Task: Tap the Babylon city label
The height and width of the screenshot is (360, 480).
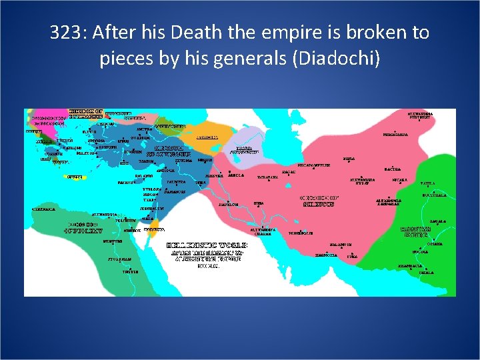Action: point(229,204)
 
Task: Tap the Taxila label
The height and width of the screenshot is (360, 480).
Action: point(427,182)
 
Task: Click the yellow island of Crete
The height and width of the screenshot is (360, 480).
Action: point(75,176)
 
